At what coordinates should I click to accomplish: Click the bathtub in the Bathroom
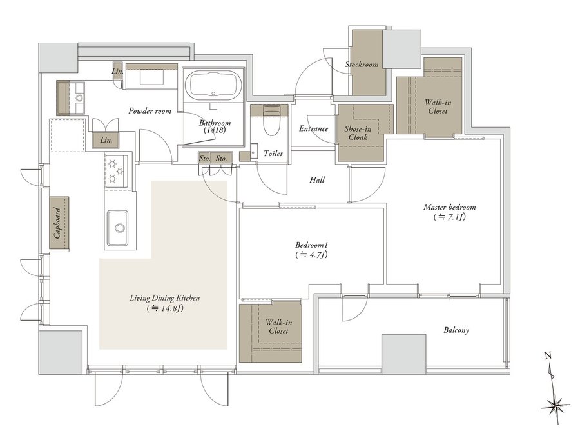click(x=213, y=85)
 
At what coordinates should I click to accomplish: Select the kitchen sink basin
click(x=118, y=228)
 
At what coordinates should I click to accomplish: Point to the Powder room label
click(x=150, y=111)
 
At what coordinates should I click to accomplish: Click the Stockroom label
click(x=362, y=65)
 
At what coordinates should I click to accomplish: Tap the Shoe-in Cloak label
click(x=358, y=133)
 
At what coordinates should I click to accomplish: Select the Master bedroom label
click(x=449, y=207)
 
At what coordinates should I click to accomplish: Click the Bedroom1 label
click(x=312, y=245)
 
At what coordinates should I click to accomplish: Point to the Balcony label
click(x=456, y=330)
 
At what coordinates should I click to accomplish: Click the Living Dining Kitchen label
click(x=165, y=298)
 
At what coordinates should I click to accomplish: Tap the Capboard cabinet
click(x=59, y=223)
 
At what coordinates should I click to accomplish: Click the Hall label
click(x=317, y=180)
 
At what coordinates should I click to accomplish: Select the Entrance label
click(x=313, y=129)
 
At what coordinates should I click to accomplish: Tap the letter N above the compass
click(x=548, y=357)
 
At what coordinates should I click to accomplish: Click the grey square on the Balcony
click(x=403, y=354)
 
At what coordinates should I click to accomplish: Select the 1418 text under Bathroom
click(x=215, y=130)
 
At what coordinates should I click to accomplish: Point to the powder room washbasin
click(x=79, y=98)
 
